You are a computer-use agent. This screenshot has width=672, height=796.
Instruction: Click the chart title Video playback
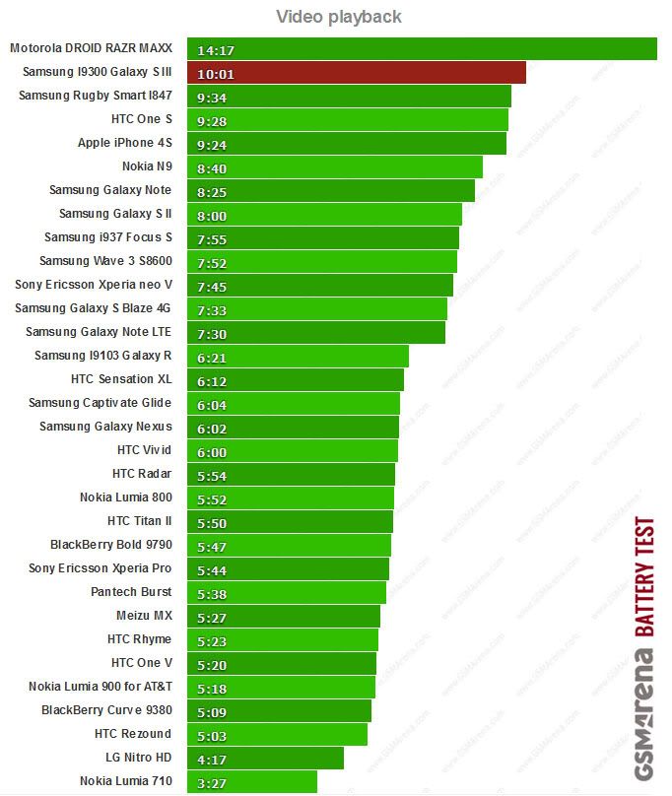[x=338, y=17]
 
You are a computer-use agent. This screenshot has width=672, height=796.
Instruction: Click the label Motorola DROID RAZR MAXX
[x=91, y=48]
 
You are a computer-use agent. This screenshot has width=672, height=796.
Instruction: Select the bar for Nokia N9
[x=345, y=166]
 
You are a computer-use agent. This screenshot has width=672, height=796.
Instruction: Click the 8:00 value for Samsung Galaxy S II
[x=212, y=215]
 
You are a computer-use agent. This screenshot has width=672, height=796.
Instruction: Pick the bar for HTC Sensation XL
[x=305, y=379]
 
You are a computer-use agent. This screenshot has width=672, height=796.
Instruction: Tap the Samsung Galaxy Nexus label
[x=105, y=427]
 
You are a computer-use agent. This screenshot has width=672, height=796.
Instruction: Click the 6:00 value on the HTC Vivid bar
[x=212, y=451]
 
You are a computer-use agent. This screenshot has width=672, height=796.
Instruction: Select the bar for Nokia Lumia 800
[x=301, y=497]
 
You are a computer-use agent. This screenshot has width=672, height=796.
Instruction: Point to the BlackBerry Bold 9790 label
[x=111, y=545]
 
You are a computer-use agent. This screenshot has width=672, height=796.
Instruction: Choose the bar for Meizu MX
[x=296, y=616]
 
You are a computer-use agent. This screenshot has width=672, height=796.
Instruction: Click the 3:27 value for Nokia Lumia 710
[x=212, y=782]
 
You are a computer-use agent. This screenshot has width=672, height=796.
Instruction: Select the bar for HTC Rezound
[x=286, y=734]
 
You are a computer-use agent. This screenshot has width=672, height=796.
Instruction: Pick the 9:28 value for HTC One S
[x=212, y=120]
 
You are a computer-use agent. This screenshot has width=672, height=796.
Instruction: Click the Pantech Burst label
[x=131, y=592]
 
